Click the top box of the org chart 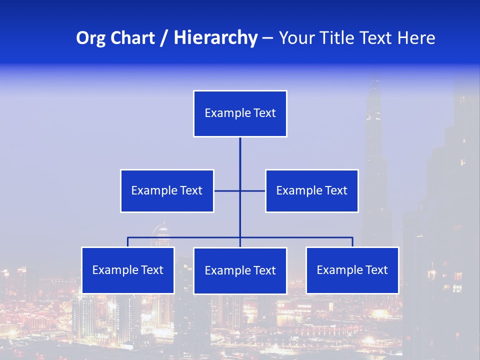pyautogui.click(x=240, y=113)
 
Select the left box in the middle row pyautogui.click(x=167, y=190)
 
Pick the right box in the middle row pyautogui.click(x=311, y=190)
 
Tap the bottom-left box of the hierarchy pyautogui.click(x=128, y=270)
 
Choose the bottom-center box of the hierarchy pyautogui.click(x=240, y=270)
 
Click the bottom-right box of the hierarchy pyautogui.click(x=352, y=270)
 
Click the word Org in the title pyautogui.click(x=90, y=38)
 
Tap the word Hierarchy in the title pyautogui.click(x=215, y=38)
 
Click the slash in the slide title pyautogui.click(x=164, y=38)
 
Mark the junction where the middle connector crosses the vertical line pyautogui.click(x=240, y=190)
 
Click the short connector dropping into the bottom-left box pyautogui.click(x=128, y=242)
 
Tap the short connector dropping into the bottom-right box pyautogui.click(x=352, y=242)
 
